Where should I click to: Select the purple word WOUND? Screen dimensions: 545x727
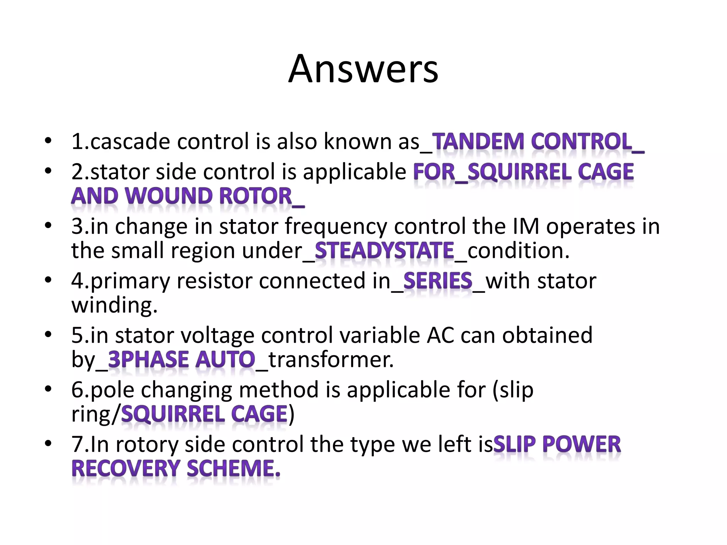coord(168,196)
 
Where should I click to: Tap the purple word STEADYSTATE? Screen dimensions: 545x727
coord(384,251)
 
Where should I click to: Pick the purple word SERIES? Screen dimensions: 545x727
coord(438,281)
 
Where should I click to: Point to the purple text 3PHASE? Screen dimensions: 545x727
coord(148,359)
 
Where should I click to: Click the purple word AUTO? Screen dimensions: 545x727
coord(225,359)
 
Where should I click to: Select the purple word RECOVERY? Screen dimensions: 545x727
coord(126,468)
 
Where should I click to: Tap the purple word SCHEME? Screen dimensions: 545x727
coord(233,468)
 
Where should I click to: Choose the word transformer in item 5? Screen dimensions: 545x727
coord(331,359)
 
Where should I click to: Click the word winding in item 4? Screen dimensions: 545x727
coord(114,305)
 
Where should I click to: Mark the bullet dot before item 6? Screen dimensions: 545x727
coord(48,389)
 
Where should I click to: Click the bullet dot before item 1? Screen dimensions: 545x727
coord(48,141)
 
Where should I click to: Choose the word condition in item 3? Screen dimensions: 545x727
coord(518,251)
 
